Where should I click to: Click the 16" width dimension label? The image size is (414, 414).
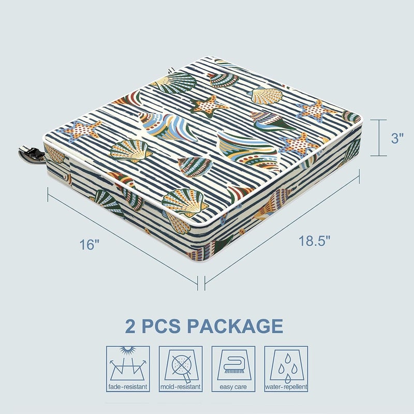[89, 244]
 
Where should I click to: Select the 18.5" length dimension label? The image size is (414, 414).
[315, 240]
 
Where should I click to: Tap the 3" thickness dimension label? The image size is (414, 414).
[397, 138]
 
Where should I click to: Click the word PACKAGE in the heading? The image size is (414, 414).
[235, 326]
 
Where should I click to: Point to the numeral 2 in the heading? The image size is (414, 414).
[130, 326]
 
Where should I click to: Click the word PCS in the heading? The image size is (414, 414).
[161, 326]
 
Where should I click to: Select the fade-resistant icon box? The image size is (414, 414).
[128, 369]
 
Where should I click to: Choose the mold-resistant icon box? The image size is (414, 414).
[181, 369]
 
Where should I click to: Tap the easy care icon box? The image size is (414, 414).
[233, 369]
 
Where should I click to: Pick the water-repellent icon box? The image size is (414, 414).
[286, 369]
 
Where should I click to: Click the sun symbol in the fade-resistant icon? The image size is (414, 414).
[128, 350]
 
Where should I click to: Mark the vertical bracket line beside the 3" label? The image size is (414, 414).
[379, 138]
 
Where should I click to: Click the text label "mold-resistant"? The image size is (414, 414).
[181, 387]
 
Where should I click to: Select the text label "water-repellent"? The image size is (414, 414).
[286, 387]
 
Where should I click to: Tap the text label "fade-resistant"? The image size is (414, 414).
[128, 387]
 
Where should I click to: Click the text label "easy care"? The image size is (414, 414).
[233, 387]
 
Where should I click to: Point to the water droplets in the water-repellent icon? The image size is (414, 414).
[287, 368]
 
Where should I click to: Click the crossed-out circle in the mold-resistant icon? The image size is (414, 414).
[181, 365]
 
